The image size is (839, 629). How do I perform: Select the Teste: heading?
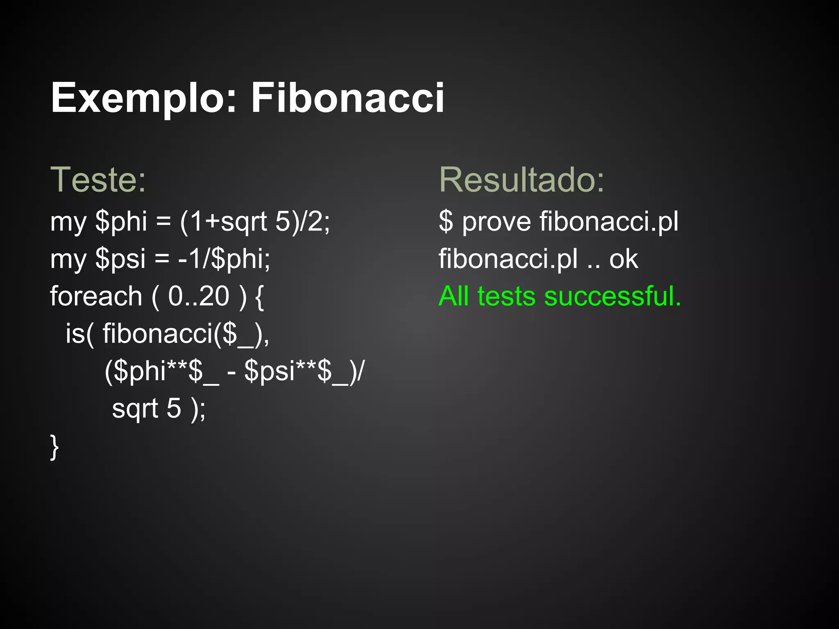[x=98, y=180]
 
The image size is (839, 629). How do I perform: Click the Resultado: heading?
[x=522, y=180]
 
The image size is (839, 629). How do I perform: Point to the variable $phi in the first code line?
[x=121, y=222]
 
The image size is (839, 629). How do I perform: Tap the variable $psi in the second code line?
[x=120, y=259]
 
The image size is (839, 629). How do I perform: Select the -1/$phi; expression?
[x=224, y=259]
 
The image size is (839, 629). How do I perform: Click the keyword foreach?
[x=96, y=296]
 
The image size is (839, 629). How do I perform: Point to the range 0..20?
[x=199, y=296]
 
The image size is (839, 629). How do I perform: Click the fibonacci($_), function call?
[x=186, y=334]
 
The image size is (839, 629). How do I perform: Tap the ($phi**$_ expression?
[x=162, y=371]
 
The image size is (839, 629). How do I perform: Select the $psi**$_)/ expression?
[x=304, y=371]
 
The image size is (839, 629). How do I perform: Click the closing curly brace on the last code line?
[x=54, y=447]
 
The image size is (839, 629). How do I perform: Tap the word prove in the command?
[x=497, y=222]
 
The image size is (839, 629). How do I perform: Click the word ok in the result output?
[x=624, y=259]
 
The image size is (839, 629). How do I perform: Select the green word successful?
[x=612, y=296]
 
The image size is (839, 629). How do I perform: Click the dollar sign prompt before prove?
[x=446, y=222]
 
